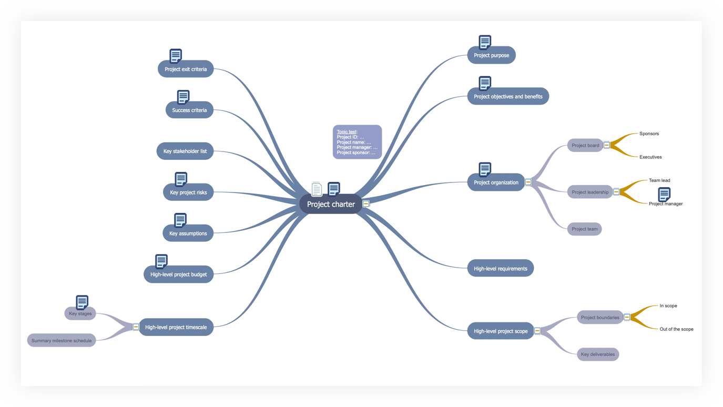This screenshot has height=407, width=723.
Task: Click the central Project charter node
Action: point(331,204)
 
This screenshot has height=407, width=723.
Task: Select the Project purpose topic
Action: point(491,55)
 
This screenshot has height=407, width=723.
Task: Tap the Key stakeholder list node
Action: point(185,151)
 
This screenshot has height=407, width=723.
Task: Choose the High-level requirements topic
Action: point(500,269)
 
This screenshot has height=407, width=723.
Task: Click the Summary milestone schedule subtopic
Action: point(62,341)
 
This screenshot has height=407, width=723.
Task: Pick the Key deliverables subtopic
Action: point(598,354)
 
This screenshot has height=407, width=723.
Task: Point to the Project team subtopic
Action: point(584,229)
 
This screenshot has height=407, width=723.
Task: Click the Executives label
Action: point(650,157)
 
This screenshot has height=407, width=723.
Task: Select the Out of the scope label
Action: point(676,329)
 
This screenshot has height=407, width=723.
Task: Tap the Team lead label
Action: point(659,180)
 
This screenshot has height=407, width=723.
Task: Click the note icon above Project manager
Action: point(664,194)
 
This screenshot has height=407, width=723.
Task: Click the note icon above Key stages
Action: point(82,302)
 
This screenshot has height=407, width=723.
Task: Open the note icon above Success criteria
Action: point(183,97)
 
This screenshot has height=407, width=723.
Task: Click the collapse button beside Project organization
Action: point(528,182)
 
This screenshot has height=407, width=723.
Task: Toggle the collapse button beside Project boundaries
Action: point(627,318)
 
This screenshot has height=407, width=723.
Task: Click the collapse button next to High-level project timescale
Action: point(136,327)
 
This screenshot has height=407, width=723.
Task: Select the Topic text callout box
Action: point(357,142)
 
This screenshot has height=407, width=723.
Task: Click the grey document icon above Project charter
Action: point(317,189)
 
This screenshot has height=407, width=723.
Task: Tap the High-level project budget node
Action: point(178,274)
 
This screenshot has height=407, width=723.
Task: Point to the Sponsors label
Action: point(649,134)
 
